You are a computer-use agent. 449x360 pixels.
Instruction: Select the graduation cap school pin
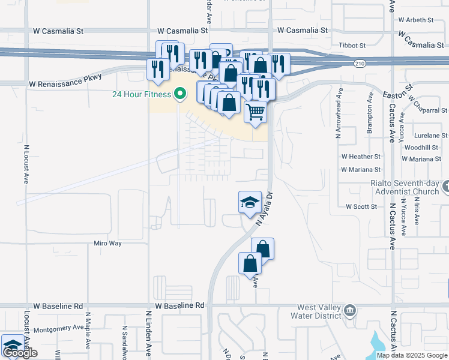[250, 203]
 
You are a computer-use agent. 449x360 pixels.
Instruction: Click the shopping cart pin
[256, 112]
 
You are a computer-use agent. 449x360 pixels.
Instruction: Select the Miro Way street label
[107, 244]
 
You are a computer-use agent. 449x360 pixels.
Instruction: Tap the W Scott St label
[361, 206]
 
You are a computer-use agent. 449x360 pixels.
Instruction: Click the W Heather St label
[361, 156]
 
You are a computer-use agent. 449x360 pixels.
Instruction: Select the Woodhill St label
[421, 148]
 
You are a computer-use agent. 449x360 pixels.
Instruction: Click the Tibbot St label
[352, 46]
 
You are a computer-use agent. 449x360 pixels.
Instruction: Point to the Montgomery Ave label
[58, 328]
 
